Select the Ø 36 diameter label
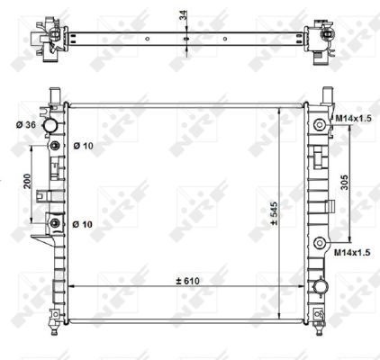[24, 124]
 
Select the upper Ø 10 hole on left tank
[56, 146]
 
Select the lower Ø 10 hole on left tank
[56, 222]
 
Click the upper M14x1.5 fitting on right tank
[320, 124]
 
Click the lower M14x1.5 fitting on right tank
[320, 240]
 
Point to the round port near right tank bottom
[320, 288]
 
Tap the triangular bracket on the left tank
[41, 241]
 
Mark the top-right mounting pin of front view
[327, 94]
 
